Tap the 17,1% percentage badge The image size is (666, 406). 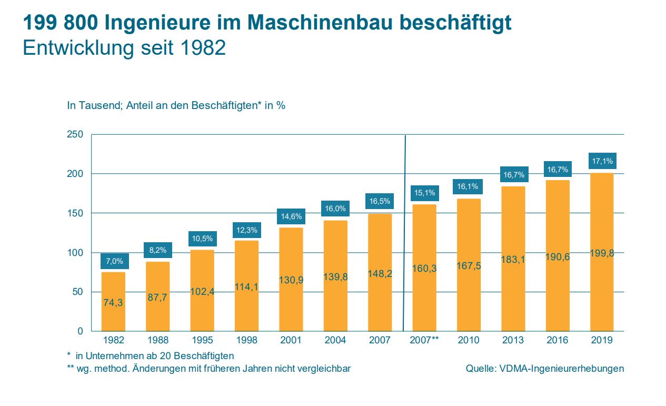click(602, 161)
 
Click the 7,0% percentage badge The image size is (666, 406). click(114, 261)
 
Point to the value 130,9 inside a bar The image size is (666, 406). click(291, 280)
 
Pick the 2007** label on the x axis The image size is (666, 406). click(424, 340)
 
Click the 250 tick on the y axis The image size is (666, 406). click(75, 135)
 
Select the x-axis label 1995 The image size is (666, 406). click(202, 340)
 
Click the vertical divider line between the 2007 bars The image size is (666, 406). click(405, 232)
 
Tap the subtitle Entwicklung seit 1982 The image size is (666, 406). click(124, 48)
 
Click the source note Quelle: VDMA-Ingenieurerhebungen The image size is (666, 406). click(544, 369)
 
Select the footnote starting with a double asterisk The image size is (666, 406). click(208, 369)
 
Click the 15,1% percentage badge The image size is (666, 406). click(424, 193)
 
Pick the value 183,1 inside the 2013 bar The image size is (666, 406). click(513, 259)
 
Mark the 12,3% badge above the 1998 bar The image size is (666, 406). click(246, 231)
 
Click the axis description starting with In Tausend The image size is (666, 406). click(176, 105)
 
